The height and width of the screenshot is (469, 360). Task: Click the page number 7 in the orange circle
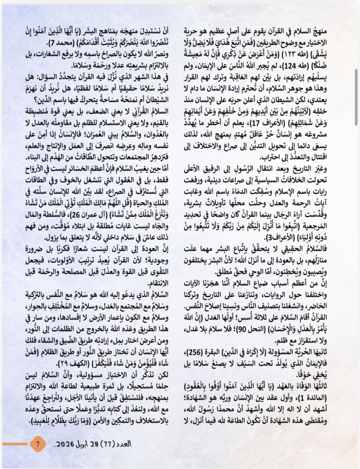(x=37, y=444)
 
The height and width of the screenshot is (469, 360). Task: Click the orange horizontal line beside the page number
(x=14, y=444)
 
